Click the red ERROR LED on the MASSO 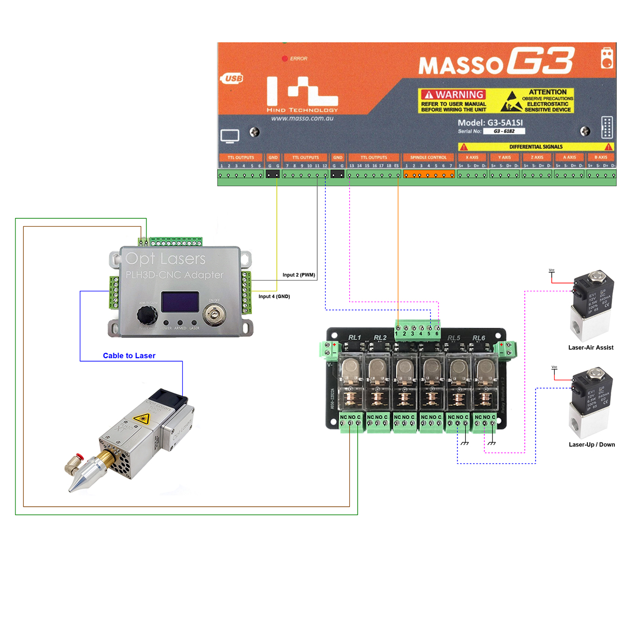[x=285, y=58]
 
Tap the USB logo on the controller [x=233, y=79]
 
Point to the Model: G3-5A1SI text [x=490, y=123]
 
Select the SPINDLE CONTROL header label [x=428, y=157]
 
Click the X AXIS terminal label [x=472, y=157]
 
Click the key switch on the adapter [x=213, y=314]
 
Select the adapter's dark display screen [x=180, y=302]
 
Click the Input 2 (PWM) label [x=299, y=275]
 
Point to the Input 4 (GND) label [x=274, y=297]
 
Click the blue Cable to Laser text [x=129, y=356]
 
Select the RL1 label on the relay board [x=354, y=337]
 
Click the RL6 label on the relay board [x=479, y=338]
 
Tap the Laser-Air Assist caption [x=590, y=348]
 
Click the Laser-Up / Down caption [x=592, y=445]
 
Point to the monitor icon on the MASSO [x=230, y=136]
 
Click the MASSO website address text [x=302, y=119]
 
